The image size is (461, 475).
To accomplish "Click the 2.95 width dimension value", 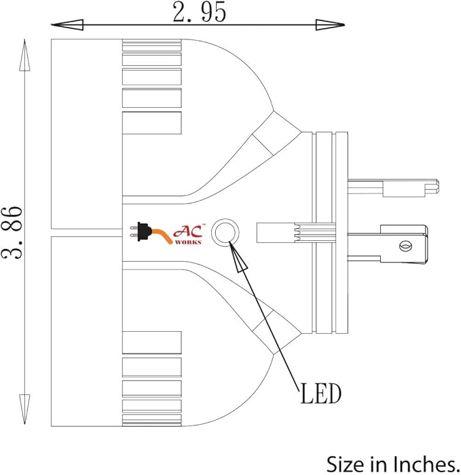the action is point(200,12).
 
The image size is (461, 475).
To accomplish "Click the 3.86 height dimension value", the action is point(12,232).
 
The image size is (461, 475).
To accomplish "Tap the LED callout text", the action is point(320,393).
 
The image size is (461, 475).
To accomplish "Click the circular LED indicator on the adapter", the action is point(225,233).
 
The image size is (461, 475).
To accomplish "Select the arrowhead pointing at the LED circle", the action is point(238,257).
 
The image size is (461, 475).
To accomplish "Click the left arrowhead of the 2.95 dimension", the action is point(67,25).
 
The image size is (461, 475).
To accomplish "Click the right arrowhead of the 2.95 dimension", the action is point(330,25).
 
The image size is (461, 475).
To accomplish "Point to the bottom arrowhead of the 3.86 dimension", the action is point(24,409).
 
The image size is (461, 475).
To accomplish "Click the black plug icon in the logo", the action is point(141,232).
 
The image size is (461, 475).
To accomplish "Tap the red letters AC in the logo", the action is point(188,231).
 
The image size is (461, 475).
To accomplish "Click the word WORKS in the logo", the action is point(188,242).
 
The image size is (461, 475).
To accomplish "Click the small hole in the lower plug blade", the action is point(405,246).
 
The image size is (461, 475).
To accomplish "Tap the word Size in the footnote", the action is point(346,464).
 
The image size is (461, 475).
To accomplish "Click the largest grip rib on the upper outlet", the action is point(152,123).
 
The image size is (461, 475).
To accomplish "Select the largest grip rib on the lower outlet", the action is point(152,343).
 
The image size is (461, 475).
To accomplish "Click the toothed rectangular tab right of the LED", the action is point(296,233).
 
